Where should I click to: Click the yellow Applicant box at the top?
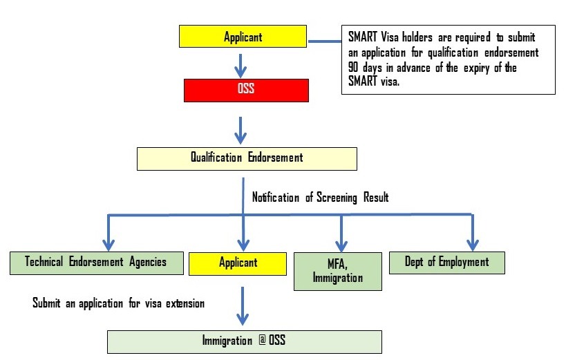click(243, 37)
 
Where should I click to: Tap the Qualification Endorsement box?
click(247, 158)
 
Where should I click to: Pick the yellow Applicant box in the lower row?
click(238, 263)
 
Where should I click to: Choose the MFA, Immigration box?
click(337, 270)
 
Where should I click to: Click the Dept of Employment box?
click(446, 263)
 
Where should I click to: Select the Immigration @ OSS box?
click(244, 341)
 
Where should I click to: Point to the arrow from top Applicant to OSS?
click(240, 64)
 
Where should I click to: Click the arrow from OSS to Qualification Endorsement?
click(240, 129)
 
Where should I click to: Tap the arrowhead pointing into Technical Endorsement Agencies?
click(108, 243)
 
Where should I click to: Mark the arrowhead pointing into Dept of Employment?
click(473, 243)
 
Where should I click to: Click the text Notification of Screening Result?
click(320, 198)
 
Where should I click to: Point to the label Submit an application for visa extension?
click(118, 303)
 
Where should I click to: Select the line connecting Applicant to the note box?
click(324, 41)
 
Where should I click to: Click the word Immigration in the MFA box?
click(337, 278)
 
